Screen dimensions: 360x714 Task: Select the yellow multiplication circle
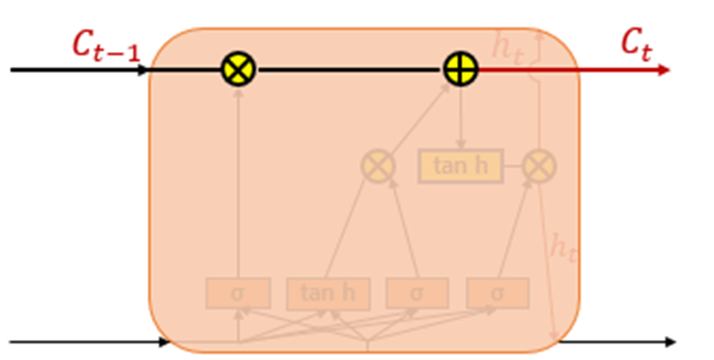239,69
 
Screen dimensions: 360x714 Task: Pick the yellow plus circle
461,69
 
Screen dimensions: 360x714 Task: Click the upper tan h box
460,166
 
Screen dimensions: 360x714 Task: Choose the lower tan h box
328,293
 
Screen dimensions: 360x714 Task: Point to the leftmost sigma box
238,293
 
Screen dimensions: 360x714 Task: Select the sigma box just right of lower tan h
416,293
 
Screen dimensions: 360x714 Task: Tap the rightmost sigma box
498,293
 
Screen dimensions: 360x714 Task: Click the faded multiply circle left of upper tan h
378,165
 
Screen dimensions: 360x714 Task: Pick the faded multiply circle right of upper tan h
539,166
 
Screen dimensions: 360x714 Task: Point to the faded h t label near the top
508,46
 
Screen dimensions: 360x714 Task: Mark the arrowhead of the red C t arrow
664,69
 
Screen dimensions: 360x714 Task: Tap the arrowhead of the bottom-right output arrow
670,342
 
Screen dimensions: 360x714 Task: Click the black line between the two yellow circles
350,69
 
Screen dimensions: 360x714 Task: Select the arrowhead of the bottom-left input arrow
165,342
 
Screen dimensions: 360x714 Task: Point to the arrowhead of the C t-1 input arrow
145,69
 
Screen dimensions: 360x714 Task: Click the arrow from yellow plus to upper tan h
461,117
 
